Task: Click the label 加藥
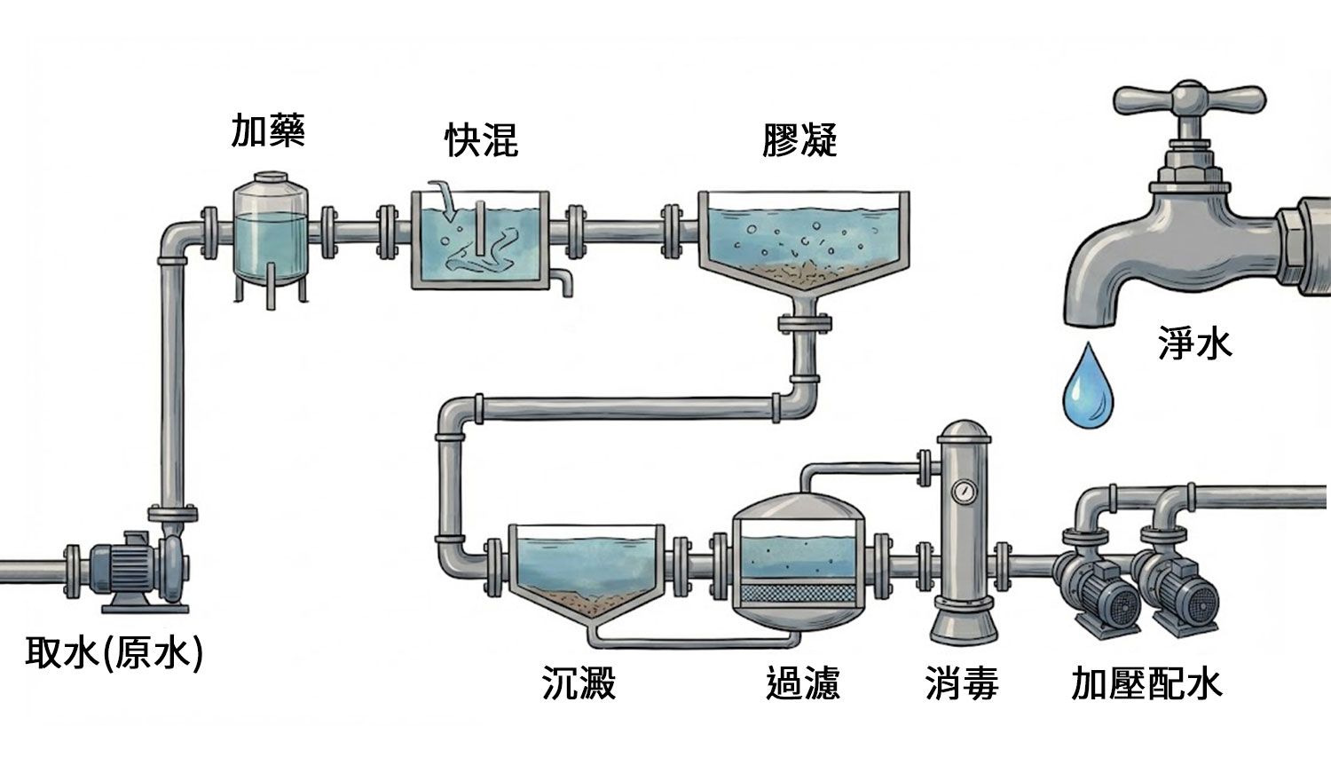pyautogui.click(x=268, y=131)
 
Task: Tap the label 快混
pyautogui.click(x=481, y=140)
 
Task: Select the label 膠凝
pyautogui.click(x=799, y=140)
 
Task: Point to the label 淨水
pyautogui.click(x=1194, y=343)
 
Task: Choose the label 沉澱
pyautogui.click(x=579, y=683)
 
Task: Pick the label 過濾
pyautogui.click(x=802, y=683)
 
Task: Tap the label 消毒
pyautogui.click(x=962, y=683)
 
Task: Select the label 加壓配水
pyautogui.click(x=1146, y=683)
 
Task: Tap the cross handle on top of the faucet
pyautogui.click(x=1189, y=99)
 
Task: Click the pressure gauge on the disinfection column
pyautogui.click(x=963, y=490)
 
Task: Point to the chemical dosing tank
pyautogui.click(x=270, y=233)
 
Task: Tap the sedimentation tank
pyautogui.click(x=586, y=572)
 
